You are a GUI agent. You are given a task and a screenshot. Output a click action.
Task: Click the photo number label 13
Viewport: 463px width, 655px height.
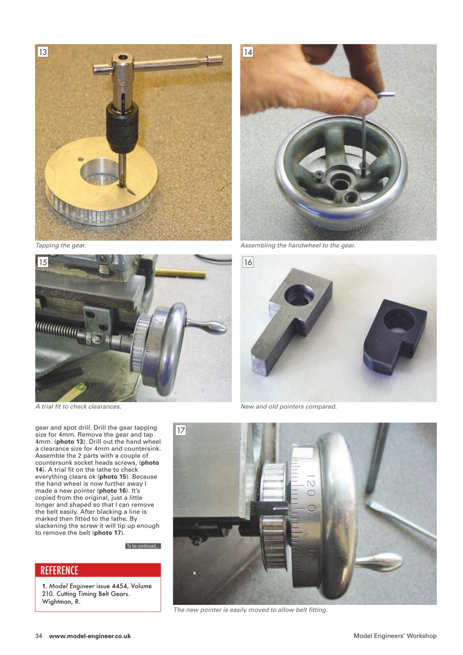click(x=43, y=52)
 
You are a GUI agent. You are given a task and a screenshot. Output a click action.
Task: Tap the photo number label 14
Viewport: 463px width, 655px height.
click(x=248, y=52)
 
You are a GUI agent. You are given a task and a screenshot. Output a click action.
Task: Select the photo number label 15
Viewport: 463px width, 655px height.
click(x=43, y=262)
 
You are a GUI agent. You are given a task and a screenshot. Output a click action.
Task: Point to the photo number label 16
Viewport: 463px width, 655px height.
click(x=248, y=262)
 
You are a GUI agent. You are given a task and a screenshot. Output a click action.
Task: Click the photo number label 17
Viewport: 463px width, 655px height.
click(x=181, y=430)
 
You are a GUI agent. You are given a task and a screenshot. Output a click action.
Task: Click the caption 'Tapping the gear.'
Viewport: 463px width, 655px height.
click(x=60, y=246)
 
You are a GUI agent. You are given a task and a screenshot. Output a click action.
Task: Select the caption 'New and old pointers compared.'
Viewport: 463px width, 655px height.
click(x=289, y=407)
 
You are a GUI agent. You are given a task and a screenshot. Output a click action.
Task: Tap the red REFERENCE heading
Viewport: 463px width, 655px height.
click(x=59, y=570)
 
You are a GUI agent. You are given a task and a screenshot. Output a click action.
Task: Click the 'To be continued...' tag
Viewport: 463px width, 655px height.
click(x=143, y=546)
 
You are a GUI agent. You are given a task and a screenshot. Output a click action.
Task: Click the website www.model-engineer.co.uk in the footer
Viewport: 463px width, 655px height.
click(x=90, y=636)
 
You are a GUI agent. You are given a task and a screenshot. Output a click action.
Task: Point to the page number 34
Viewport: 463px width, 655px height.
click(x=38, y=636)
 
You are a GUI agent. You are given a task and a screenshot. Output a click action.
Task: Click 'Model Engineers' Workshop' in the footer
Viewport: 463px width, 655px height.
click(x=395, y=636)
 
